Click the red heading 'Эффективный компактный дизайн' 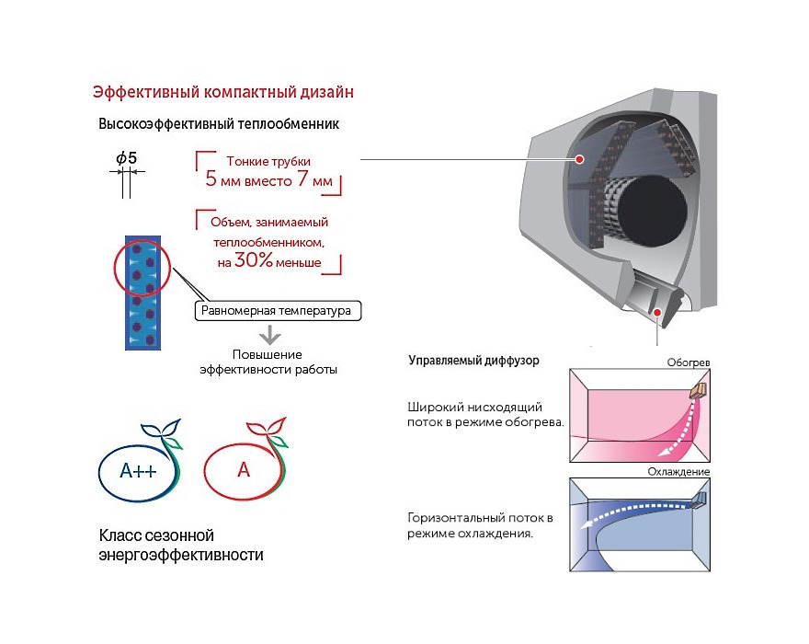(x=223, y=92)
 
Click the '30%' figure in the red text (x=253, y=260)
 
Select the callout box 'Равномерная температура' (x=278, y=311)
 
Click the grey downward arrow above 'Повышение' (x=268, y=334)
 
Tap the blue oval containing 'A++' (x=139, y=472)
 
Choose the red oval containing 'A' (x=244, y=471)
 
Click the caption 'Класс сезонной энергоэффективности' (x=180, y=545)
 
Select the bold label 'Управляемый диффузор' (x=473, y=361)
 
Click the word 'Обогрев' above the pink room (x=689, y=362)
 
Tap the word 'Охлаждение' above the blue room (x=680, y=472)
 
